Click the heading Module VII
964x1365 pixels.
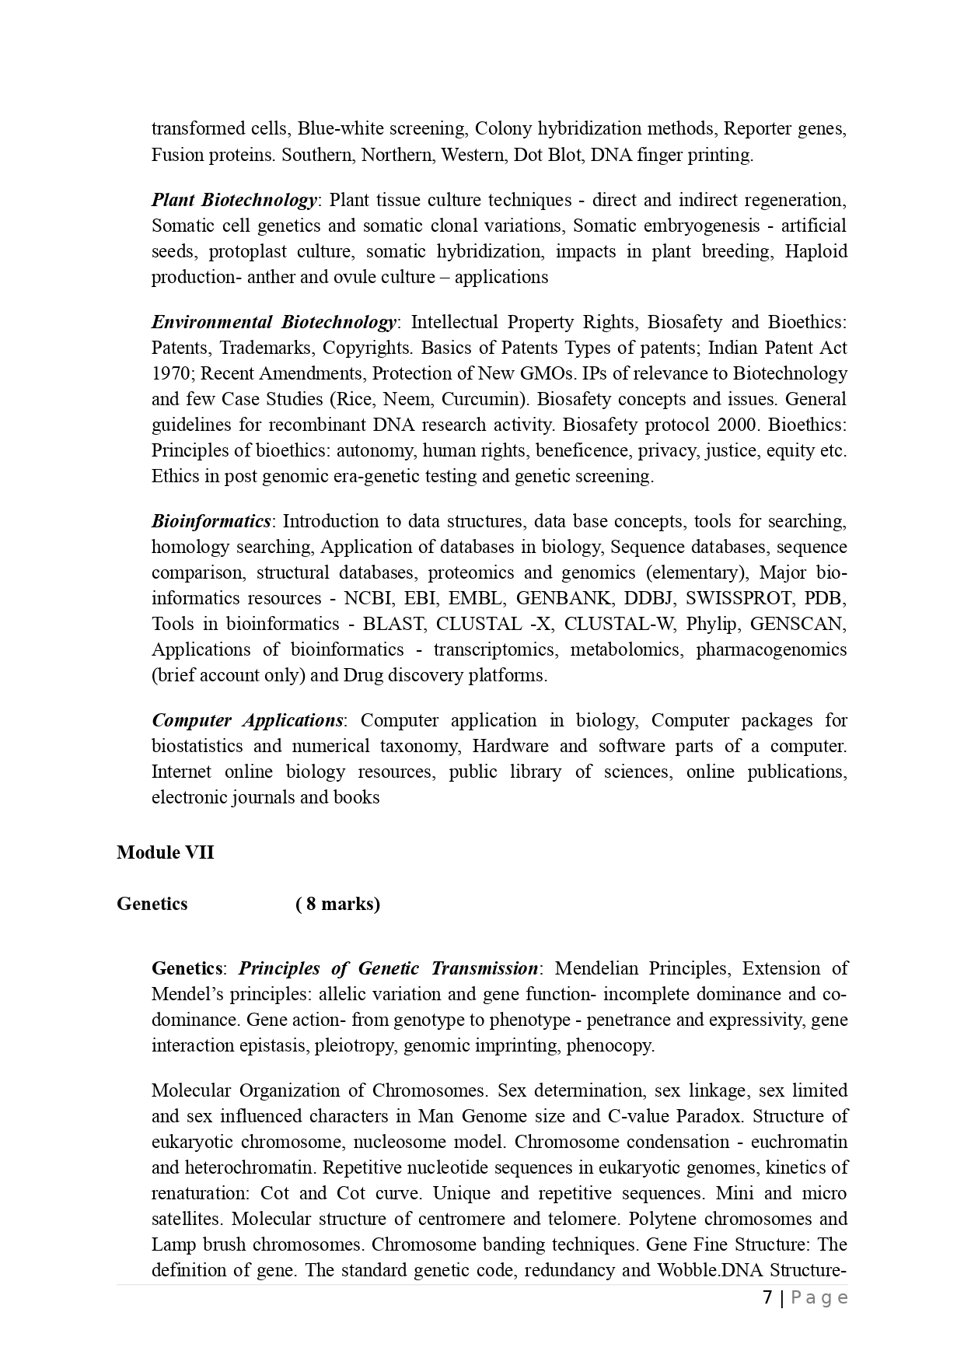(165, 852)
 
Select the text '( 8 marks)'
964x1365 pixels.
(337, 904)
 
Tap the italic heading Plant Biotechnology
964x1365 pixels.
(234, 200)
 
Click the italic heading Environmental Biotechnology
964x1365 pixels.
(274, 322)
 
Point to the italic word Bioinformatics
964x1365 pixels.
(211, 521)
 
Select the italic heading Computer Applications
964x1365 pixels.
(247, 720)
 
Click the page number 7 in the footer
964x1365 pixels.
(767, 1297)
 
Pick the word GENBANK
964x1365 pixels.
(554, 598)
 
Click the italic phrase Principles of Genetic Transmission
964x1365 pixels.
(388, 968)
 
